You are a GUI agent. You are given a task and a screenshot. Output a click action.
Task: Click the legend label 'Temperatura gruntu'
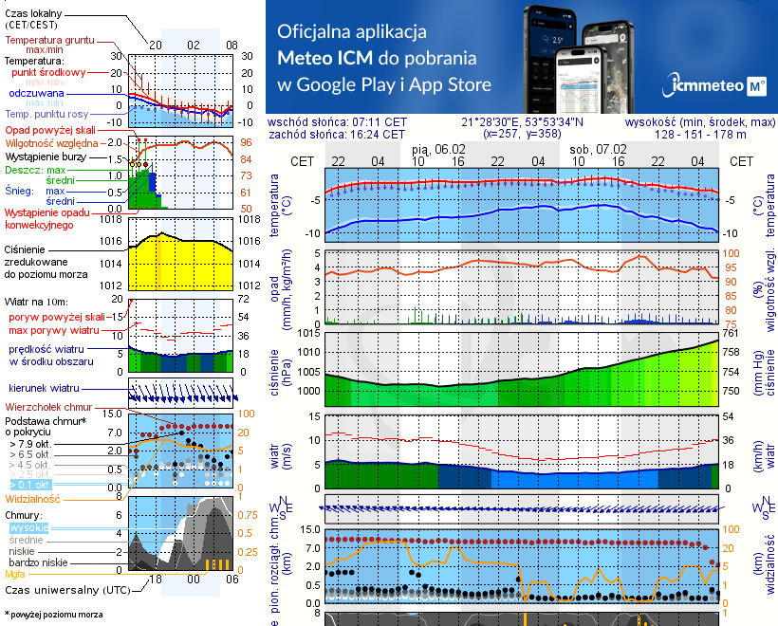pyautogui.click(x=45, y=41)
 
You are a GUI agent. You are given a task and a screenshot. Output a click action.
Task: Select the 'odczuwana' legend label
pyautogui.click(x=36, y=94)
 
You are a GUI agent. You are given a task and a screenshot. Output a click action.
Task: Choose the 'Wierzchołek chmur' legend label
pyautogui.click(x=42, y=406)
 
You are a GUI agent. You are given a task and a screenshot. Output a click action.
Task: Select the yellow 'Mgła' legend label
pyautogui.click(x=15, y=573)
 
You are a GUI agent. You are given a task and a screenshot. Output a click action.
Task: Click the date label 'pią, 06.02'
pyautogui.click(x=439, y=150)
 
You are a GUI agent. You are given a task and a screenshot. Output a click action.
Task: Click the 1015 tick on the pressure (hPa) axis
pyautogui.click(x=306, y=333)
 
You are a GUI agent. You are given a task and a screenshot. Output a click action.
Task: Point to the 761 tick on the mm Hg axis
pyautogui.click(x=730, y=333)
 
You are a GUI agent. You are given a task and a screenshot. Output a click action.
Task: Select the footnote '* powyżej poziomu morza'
pyautogui.click(x=51, y=615)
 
